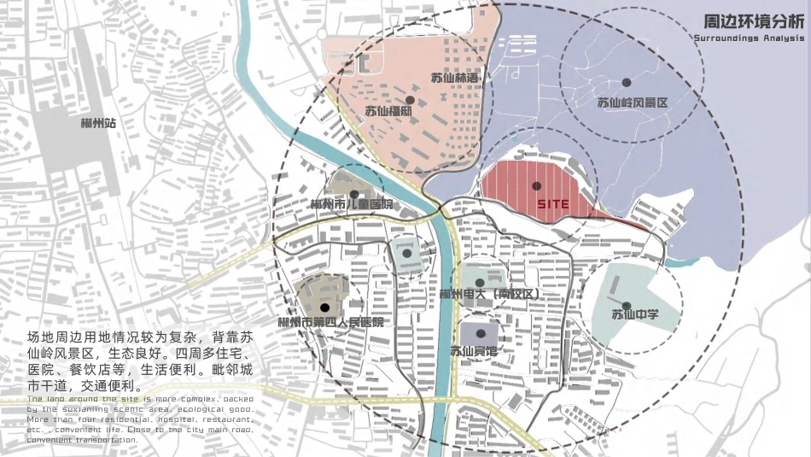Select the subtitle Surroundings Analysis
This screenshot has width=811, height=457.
[749, 39]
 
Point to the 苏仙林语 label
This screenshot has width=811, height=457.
[457, 79]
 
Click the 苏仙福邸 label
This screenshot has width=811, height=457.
[388, 111]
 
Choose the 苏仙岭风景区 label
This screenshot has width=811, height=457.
[632, 103]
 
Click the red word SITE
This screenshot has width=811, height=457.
[553, 205]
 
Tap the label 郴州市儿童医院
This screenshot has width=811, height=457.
[352, 205]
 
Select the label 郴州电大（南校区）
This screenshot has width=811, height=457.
[490, 294]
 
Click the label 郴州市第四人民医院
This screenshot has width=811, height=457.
[331, 323]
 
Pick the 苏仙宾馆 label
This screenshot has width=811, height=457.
[474, 350]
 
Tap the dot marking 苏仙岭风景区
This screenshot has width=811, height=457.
[626, 83]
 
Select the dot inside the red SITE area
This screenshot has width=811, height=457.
[536, 185]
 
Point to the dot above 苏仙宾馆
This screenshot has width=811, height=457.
[480, 333]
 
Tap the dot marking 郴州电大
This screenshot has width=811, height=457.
[480, 282]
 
